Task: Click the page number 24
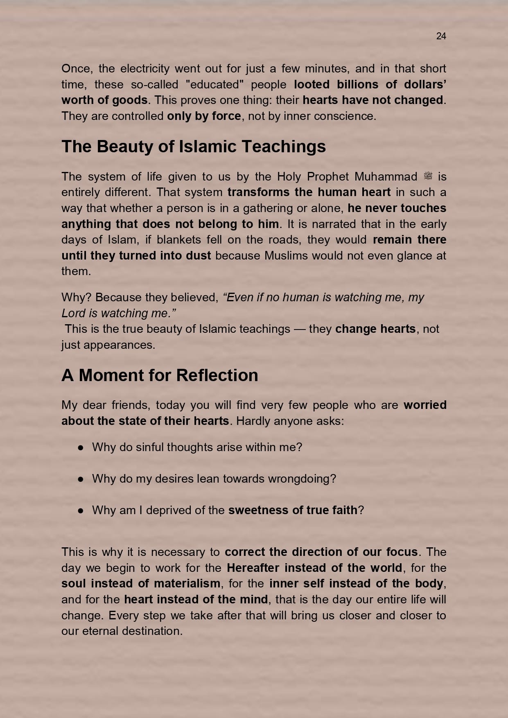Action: coord(441,36)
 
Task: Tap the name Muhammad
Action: coord(386,176)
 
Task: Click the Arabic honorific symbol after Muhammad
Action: coord(428,176)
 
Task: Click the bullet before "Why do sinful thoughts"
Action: coord(81,447)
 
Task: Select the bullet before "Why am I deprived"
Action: coord(81,510)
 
